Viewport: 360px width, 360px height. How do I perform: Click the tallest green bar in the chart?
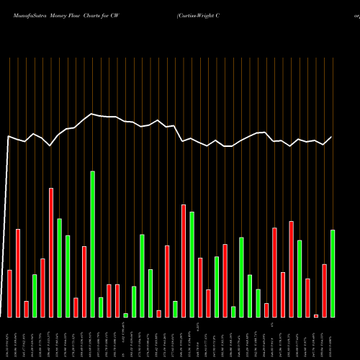(x=92, y=244)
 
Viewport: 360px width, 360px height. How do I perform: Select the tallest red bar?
(x=51, y=253)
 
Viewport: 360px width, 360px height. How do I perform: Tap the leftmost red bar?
(x=10, y=293)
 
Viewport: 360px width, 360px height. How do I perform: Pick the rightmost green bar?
(x=333, y=274)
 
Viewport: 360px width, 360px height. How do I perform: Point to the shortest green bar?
(x=125, y=315)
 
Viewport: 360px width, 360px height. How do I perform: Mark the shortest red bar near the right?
(x=316, y=315)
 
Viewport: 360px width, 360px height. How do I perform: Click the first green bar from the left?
(x=35, y=295)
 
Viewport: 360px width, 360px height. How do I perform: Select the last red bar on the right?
(x=325, y=290)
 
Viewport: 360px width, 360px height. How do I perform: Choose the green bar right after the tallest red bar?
(x=59, y=268)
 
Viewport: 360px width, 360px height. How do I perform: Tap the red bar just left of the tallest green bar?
(x=84, y=282)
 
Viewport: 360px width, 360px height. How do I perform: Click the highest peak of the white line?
(x=92, y=114)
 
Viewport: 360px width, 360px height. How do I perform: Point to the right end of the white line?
(x=333, y=137)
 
